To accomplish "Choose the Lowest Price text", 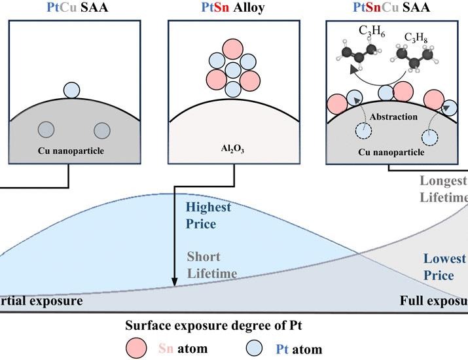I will coord(443,266).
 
